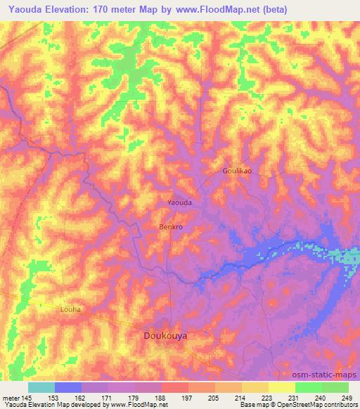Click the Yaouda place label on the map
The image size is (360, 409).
179,202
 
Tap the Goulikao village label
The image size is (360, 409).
237,171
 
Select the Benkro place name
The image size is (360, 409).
171,228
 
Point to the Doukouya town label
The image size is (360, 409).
165,337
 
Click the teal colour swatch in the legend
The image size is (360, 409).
41,387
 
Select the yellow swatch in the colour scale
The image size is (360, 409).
281,387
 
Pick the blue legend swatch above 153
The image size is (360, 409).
67,387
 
